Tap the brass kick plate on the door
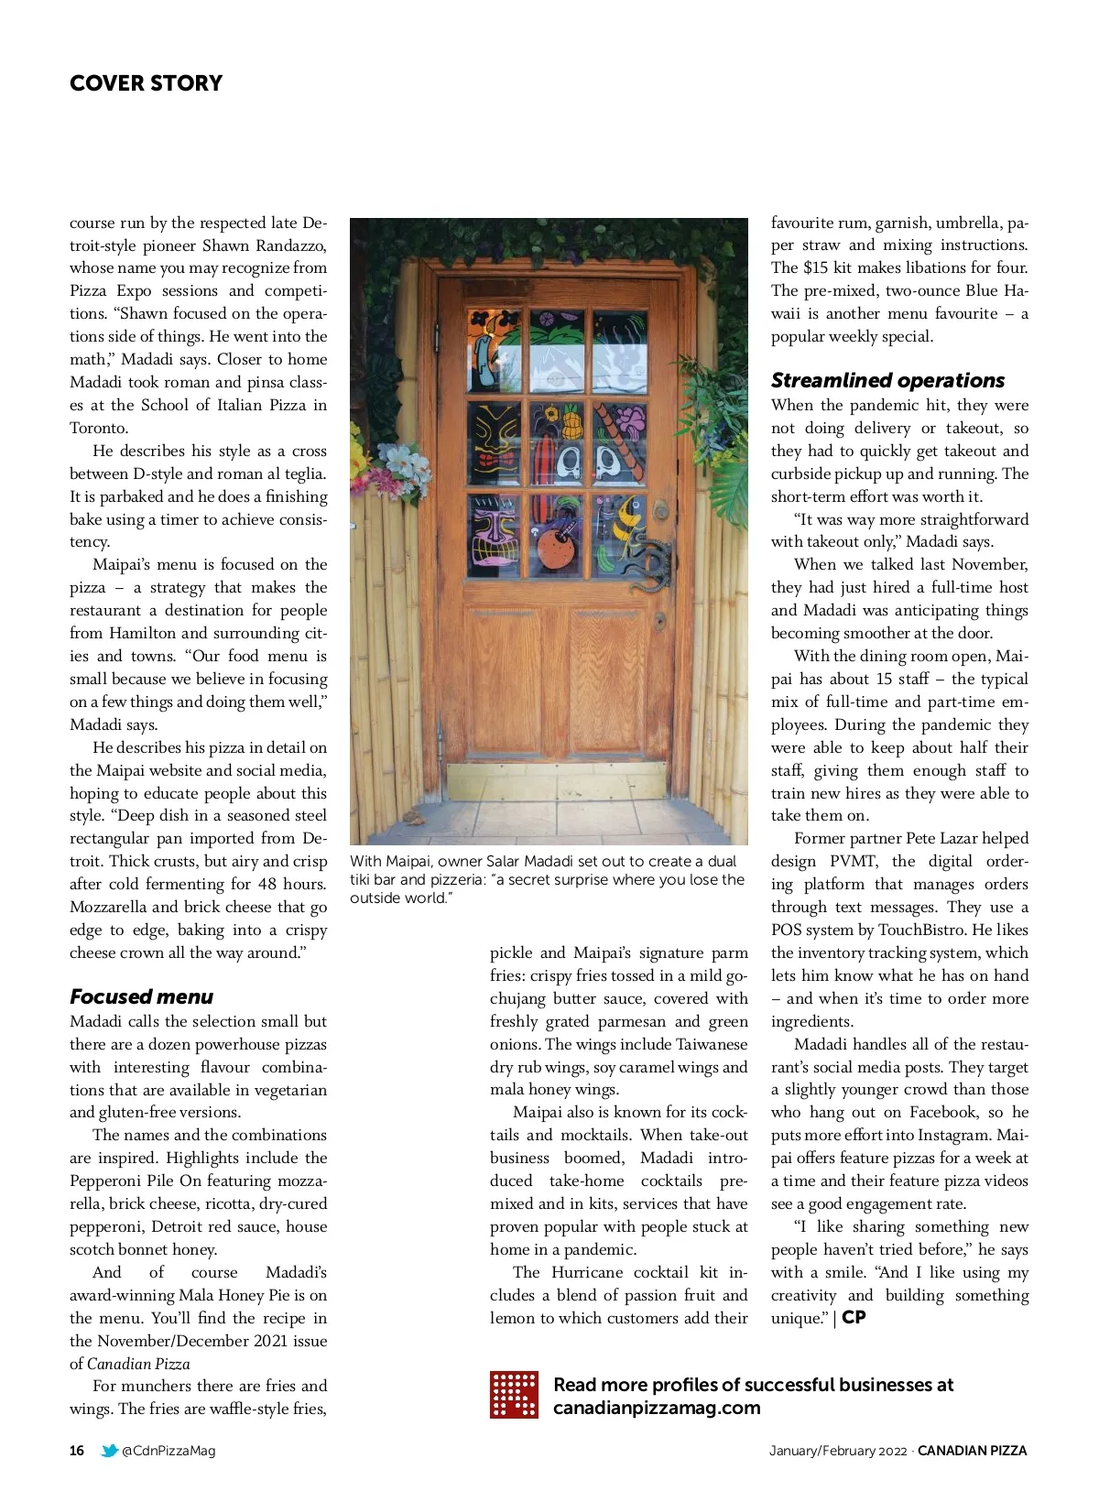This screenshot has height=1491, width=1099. coord(556,780)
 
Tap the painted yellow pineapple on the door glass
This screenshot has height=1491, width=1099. coord(572,423)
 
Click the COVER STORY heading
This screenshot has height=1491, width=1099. coord(146,83)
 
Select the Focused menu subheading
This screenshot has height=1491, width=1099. coord(141,996)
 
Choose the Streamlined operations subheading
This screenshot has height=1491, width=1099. coord(887,380)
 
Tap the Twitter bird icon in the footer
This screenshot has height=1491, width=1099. coord(109,1451)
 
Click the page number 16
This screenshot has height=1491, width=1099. coord(77,1451)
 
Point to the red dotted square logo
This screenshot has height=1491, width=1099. coord(514,1395)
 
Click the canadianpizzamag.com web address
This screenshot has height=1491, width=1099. coord(657,1408)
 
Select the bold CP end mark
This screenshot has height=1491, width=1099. coord(854,1318)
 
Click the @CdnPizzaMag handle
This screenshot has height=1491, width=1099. coord(169,1451)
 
